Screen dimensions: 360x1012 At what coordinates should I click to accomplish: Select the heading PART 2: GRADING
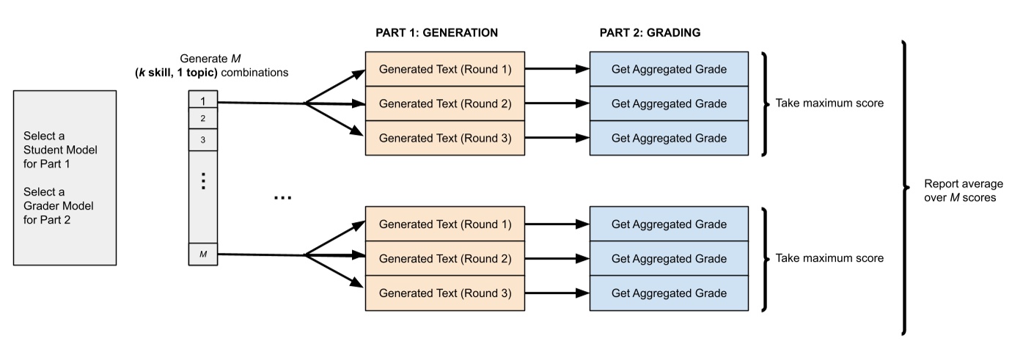point(645,33)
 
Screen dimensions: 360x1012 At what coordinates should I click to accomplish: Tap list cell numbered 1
point(203,100)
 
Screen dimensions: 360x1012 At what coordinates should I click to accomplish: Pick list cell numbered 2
point(203,118)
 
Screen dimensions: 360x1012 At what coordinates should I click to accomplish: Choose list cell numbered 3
point(203,139)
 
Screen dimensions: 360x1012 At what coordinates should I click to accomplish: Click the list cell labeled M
point(203,254)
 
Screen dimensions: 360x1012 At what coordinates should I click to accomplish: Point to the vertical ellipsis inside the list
point(203,181)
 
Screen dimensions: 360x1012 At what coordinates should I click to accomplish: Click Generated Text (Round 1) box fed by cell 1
point(444,69)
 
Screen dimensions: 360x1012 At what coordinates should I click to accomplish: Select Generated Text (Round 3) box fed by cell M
point(444,293)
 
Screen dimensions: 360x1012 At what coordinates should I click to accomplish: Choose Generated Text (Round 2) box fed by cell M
point(444,259)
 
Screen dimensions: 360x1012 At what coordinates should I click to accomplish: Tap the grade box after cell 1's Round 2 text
point(669,103)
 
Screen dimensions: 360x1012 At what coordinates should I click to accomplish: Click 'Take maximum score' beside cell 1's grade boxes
point(829,103)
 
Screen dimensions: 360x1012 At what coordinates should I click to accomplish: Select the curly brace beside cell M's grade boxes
point(764,259)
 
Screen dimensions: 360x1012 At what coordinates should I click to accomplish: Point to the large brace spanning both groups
point(906,187)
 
